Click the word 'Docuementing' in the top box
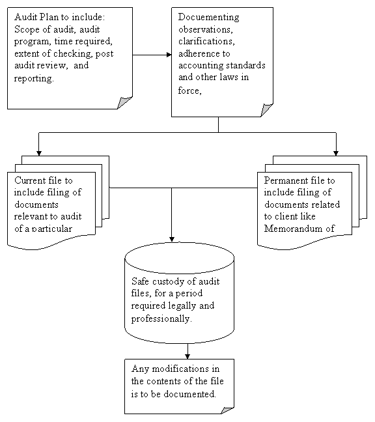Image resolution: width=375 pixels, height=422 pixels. [208, 18]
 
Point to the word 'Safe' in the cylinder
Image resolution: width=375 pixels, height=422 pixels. [140, 281]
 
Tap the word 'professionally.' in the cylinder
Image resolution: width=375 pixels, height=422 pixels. [161, 319]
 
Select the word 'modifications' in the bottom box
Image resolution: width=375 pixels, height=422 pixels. [180, 369]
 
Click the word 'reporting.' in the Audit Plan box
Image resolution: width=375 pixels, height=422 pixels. [34, 79]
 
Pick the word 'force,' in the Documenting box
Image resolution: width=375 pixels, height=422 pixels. [189, 91]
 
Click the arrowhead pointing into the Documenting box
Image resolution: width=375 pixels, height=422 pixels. [169, 55]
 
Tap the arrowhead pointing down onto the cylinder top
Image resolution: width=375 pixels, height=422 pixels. [172, 239]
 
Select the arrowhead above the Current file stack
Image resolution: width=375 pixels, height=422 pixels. [39, 153]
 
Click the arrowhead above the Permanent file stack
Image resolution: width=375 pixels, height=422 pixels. [336, 153]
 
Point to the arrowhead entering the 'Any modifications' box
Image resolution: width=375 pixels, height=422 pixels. [187, 356]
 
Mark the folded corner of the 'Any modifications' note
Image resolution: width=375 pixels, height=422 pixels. [227, 410]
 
